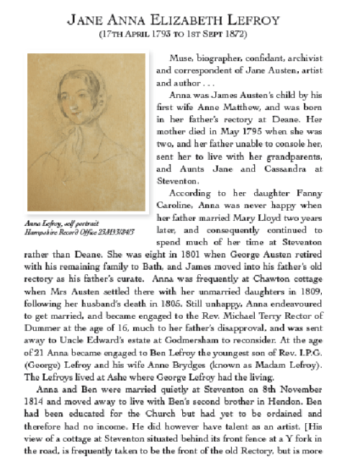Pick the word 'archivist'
pyautogui.click(x=316, y=58)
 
